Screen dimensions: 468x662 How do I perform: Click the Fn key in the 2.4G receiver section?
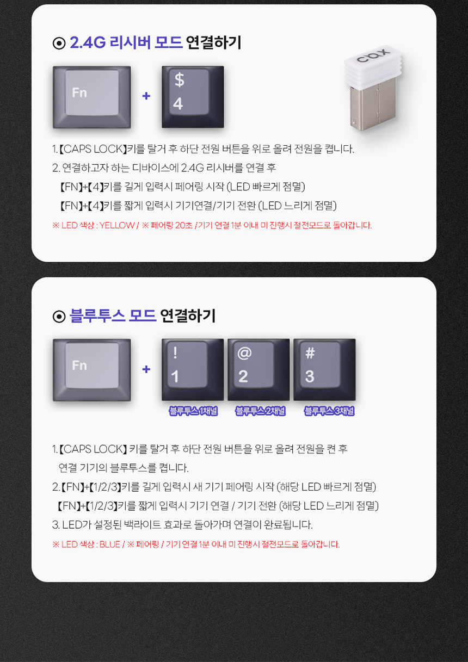tap(91, 97)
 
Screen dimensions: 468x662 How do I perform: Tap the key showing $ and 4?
tap(193, 97)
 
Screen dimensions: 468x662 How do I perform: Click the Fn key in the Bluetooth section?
tap(91, 370)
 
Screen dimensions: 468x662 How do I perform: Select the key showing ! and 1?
tap(193, 370)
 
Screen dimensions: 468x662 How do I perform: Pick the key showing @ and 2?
tap(258, 370)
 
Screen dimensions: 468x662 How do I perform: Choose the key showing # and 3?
tap(324, 370)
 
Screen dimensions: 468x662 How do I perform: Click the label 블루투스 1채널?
tap(193, 411)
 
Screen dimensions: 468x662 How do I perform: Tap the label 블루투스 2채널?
tap(261, 411)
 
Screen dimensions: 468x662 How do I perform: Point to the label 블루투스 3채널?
tap(329, 411)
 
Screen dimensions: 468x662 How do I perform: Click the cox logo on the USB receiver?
tap(373, 56)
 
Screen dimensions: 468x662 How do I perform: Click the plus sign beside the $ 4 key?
tap(146, 96)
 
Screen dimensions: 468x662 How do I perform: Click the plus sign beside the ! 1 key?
tap(146, 369)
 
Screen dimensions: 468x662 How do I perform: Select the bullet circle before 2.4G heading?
tap(59, 44)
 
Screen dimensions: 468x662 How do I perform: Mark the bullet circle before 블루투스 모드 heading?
tap(59, 317)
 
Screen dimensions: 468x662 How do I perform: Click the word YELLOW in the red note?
tap(117, 226)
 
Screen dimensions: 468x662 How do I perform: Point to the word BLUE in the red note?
tap(110, 545)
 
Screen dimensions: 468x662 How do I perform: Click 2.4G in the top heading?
tap(88, 42)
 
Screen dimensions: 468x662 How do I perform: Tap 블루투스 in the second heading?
tap(97, 315)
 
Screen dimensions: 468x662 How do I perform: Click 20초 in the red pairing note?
tap(184, 226)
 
